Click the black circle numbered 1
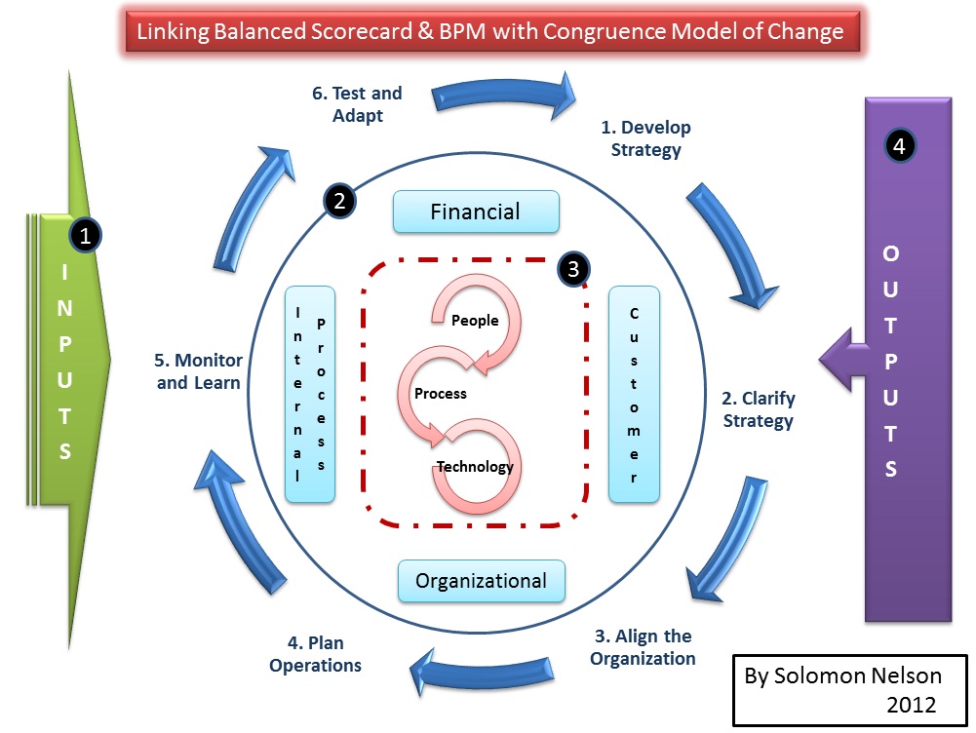point(86,235)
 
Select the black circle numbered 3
point(575,268)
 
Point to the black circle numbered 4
point(899,146)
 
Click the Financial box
point(476,212)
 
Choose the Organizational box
point(482,580)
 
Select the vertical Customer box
point(634,395)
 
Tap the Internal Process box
point(310,395)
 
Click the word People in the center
point(475,321)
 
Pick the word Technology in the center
point(475,466)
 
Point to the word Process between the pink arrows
point(441,394)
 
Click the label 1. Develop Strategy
point(644,138)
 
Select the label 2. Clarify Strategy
point(758,409)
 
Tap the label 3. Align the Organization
point(644,647)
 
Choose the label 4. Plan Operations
point(315,654)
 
